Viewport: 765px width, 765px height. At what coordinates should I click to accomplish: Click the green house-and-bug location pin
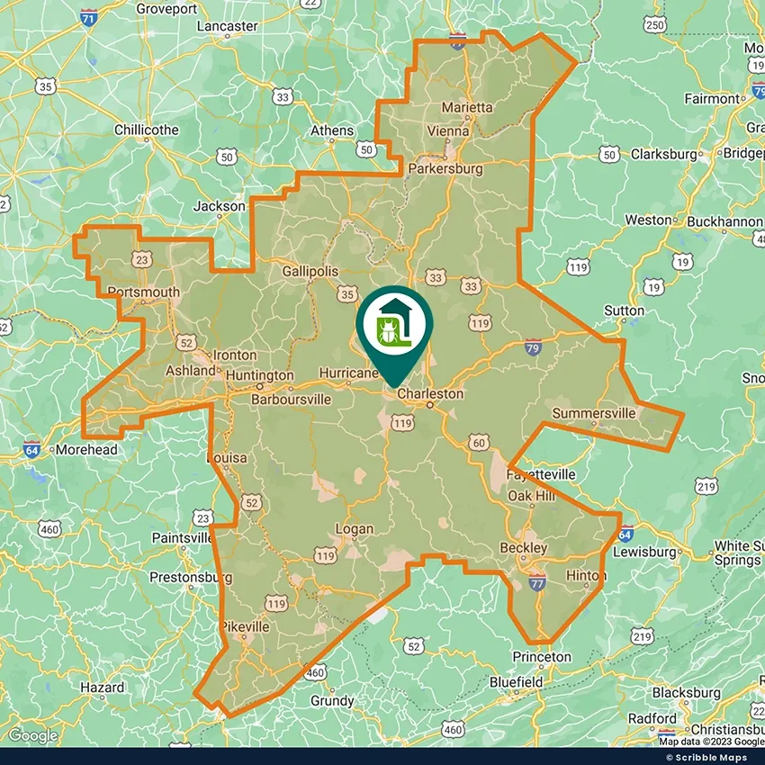click(x=394, y=324)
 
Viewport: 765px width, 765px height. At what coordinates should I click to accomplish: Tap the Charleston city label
click(x=430, y=394)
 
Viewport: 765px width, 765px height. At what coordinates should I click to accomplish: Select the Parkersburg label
click(x=445, y=168)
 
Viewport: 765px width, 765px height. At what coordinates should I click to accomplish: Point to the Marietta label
click(x=467, y=107)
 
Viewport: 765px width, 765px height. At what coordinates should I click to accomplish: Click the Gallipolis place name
click(x=310, y=271)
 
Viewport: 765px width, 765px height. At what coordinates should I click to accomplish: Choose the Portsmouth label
click(x=144, y=292)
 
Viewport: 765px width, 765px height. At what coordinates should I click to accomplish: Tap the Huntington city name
click(x=260, y=375)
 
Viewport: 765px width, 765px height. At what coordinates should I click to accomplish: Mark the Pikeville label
click(x=245, y=626)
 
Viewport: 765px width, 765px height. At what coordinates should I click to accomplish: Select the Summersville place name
click(x=593, y=413)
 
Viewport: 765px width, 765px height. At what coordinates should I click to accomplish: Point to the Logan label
click(x=354, y=529)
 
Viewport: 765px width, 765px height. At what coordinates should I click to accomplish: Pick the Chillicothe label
click(x=147, y=130)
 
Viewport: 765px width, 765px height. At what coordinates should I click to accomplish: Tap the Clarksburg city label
click(x=664, y=154)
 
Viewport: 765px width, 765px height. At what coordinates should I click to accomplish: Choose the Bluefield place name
click(x=516, y=682)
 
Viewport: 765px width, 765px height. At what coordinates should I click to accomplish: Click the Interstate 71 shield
click(x=87, y=18)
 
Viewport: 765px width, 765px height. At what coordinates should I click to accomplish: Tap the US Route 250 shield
click(x=654, y=24)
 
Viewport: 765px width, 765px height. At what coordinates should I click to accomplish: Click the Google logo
click(x=32, y=735)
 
